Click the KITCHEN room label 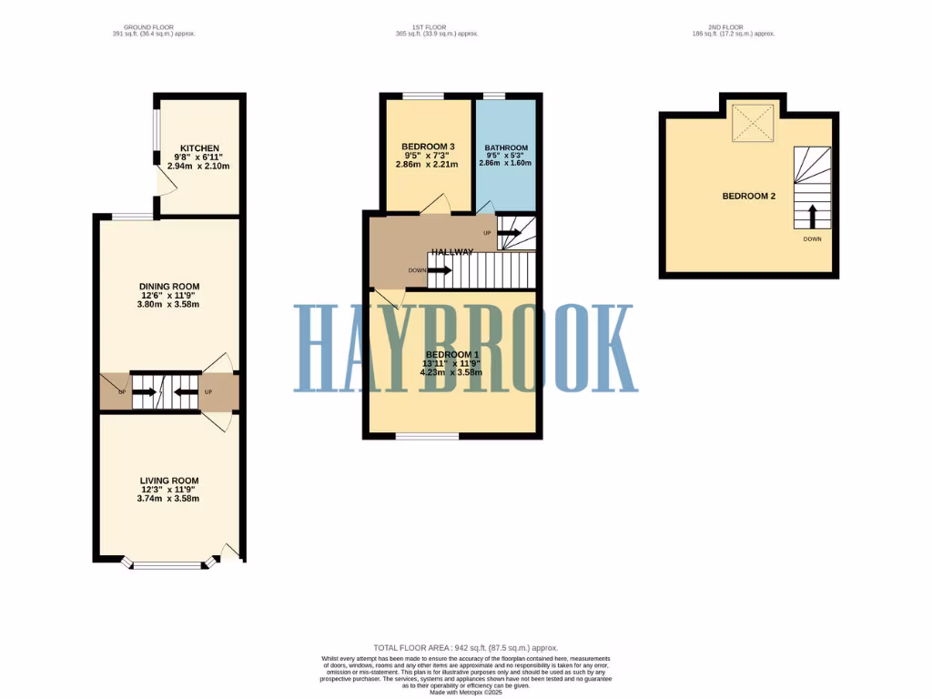pos(199,147)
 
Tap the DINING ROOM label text pos(169,286)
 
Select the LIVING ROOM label pos(169,481)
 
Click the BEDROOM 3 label pos(428,147)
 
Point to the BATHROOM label pos(506,147)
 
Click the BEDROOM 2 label pos(748,196)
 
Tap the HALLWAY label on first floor pos(452,252)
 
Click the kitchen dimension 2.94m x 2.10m pos(199,166)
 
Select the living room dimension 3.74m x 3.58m pos(169,499)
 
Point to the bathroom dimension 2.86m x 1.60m pos(506,164)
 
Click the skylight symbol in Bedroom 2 pos(754,121)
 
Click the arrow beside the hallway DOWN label pos(441,270)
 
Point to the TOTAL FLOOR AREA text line pos(465,647)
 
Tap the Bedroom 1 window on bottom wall pos(427,436)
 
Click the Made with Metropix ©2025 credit pos(465,691)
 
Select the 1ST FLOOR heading pos(437,27)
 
